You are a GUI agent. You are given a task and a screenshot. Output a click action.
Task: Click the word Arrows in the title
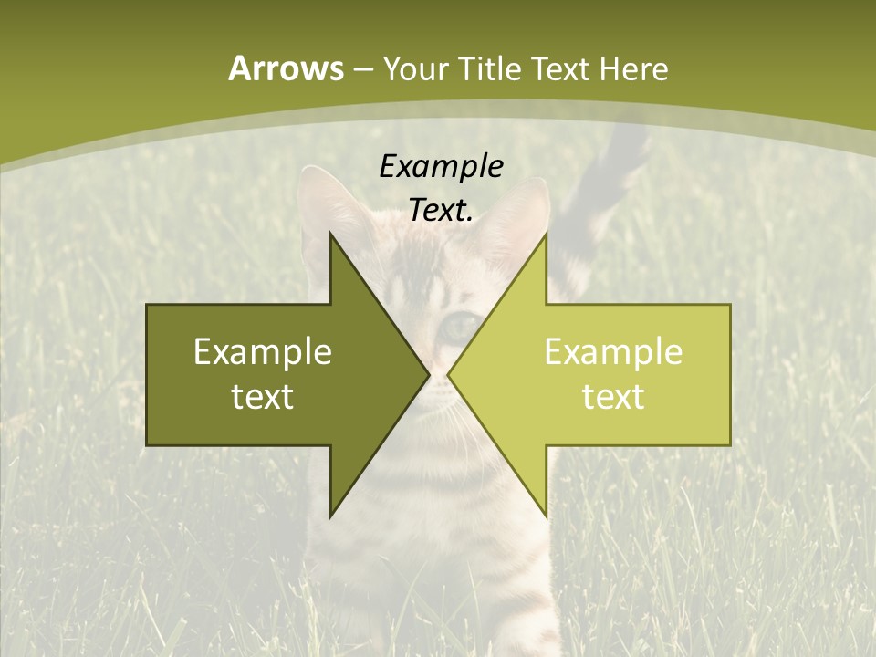click(285, 68)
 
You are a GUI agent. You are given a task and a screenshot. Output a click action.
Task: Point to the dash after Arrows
click(362, 70)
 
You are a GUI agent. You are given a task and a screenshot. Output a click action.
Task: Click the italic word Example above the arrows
click(441, 166)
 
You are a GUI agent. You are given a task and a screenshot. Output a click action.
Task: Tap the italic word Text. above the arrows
click(441, 211)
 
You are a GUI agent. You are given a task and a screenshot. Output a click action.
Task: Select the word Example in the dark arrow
click(263, 351)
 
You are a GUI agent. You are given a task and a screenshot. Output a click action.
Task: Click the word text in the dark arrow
click(263, 397)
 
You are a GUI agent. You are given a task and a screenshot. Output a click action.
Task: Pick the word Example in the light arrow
click(613, 351)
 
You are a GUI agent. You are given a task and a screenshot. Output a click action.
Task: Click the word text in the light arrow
click(613, 397)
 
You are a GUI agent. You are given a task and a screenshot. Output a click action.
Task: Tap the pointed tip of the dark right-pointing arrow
click(428, 375)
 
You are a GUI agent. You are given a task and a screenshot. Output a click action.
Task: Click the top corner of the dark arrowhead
click(331, 234)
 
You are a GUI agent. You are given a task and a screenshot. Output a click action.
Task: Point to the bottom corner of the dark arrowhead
click(331, 516)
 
